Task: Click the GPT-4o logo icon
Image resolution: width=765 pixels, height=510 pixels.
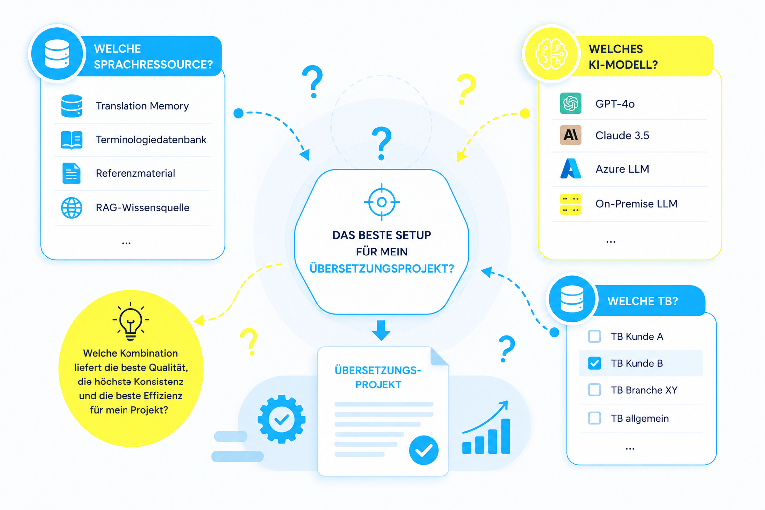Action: pos(570,103)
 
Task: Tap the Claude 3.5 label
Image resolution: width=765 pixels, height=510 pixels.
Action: pos(622,135)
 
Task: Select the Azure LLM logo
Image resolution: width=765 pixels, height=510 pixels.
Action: pos(570,169)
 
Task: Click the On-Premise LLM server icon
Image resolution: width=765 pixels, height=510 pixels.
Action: pos(570,204)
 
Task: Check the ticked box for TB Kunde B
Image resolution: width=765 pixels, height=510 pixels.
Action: pos(594,363)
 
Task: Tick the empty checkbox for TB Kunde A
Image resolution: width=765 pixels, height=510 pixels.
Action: pos(594,336)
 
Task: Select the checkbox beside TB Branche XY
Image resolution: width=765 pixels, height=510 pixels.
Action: pos(594,390)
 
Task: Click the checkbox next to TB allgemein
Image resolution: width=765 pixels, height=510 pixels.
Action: pos(594,418)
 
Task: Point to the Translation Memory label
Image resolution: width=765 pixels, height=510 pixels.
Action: pos(142,106)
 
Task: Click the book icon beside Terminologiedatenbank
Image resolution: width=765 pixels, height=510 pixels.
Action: pos(71,140)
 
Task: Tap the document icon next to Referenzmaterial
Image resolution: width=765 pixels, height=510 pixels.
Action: pos(71,173)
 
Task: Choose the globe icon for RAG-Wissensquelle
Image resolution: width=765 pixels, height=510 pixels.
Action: pos(71,208)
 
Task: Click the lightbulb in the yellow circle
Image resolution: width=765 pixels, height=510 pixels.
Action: pos(130,321)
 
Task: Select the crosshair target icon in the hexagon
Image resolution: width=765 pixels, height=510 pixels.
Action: pos(382,202)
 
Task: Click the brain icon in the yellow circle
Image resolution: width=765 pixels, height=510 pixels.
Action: pos(551,54)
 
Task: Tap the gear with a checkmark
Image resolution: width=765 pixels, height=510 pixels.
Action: pos(282,419)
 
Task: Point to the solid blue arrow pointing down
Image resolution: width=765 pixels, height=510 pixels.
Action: pos(381,330)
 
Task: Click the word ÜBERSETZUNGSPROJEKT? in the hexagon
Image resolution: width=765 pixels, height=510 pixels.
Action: pos(382,269)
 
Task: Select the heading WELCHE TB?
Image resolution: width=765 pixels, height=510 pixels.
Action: pos(642,301)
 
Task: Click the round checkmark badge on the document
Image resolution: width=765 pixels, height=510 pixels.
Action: pos(424,450)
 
